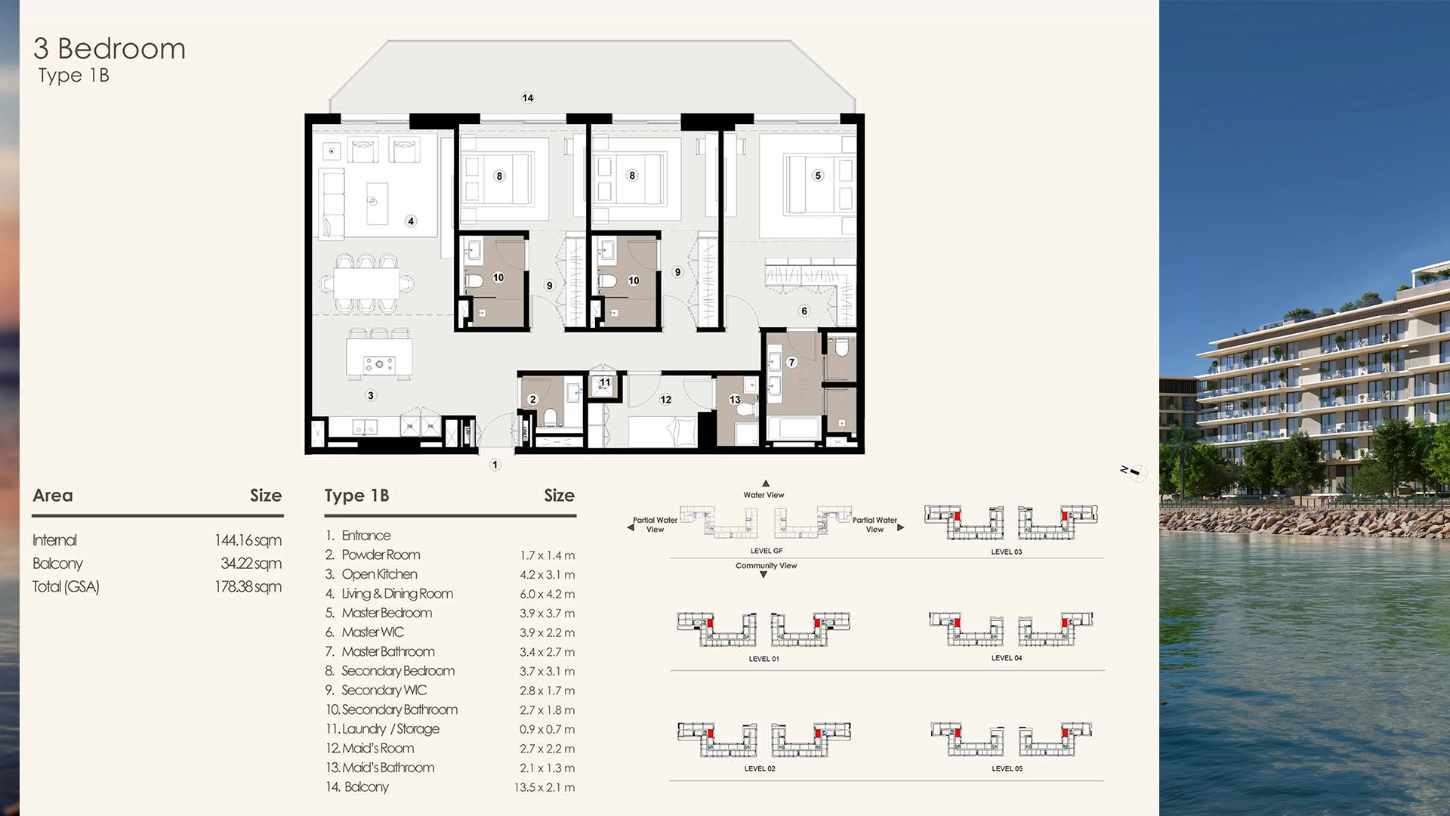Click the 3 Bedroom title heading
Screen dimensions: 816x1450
(x=110, y=49)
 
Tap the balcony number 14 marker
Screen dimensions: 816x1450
(x=528, y=97)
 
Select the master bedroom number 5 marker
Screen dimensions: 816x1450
(x=818, y=175)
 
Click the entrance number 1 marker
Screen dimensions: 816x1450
(x=495, y=465)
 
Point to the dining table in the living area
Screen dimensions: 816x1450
(x=367, y=284)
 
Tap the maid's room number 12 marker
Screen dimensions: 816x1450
(x=665, y=400)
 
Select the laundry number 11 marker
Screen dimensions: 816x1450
(x=605, y=382)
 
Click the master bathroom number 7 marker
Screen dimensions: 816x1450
(x=791, y=363)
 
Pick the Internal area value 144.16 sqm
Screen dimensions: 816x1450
(x=248, y=540)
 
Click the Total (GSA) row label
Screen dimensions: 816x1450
(x=66, y=587)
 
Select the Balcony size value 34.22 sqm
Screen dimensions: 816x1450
(x=251, y=564)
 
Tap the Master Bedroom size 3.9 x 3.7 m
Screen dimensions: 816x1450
(x=547, y=614)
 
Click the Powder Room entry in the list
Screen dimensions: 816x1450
(x=380, y=555)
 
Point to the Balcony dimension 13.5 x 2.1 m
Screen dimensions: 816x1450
(x=544, y=787)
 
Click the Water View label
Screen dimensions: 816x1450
(x=764, y=495)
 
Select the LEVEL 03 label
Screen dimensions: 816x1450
(x=1006, y=552)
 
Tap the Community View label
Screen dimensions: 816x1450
(x=766, y=566)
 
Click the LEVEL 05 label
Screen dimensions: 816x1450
(x=1007, y=768)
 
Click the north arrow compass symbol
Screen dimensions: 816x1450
(x=1134, y=472)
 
